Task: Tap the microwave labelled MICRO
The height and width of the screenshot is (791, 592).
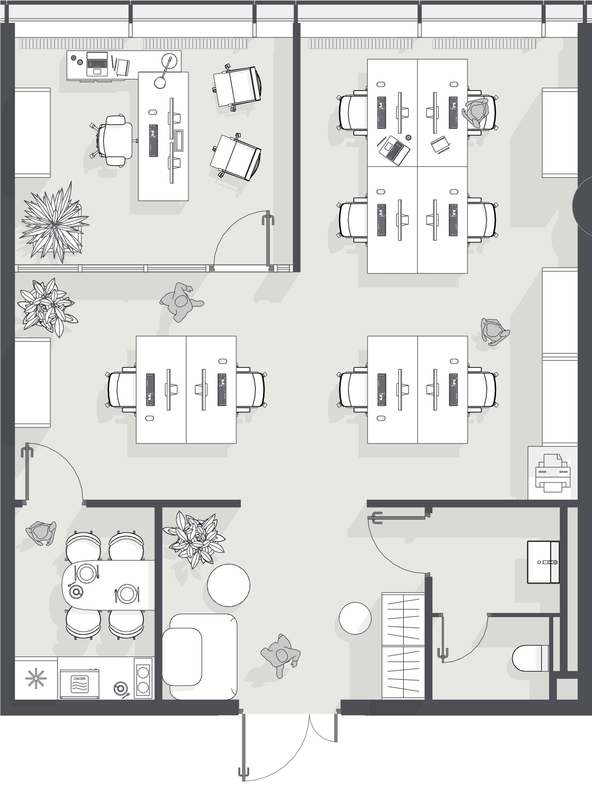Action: (x=80, y=683)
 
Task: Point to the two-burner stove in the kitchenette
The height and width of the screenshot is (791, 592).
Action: (x=143, y=678)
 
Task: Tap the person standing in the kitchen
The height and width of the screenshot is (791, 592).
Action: (x=41, y=533)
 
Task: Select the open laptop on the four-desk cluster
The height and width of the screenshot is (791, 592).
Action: (x=394, y=150)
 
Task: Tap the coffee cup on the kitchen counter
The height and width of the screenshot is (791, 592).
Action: (x=121, y=688)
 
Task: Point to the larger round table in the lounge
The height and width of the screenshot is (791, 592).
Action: (x=228, y=585)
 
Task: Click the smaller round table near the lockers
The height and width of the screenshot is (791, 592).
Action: (x=355, y=618)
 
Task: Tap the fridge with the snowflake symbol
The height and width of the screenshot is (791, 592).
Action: (x=36, y=678)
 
